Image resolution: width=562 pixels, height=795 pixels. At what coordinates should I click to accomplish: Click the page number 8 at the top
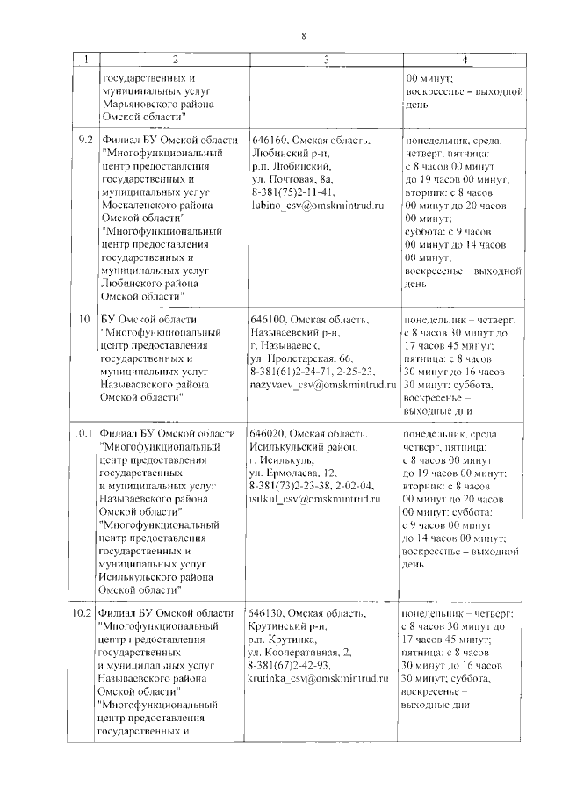click(x=304, y=36)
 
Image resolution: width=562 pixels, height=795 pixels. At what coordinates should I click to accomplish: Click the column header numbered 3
click(x=326, y=60)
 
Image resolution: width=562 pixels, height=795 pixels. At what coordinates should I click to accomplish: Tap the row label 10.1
click(x=84, y=434)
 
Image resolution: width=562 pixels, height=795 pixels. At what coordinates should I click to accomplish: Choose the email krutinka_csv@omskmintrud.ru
click(x=322, y=678)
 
